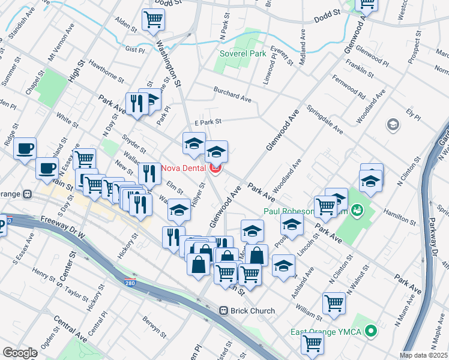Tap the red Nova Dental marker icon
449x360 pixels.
click(215, 168)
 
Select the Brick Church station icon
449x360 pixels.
click(223, 311)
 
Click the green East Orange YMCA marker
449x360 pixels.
click(371, 331)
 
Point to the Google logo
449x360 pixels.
click(19, 353)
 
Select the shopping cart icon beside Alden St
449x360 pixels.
click(153, 20)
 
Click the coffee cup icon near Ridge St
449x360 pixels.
click(25, 148)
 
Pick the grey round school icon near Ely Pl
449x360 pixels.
click(393, 124)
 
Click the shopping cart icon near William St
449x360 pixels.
click(334, 303)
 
